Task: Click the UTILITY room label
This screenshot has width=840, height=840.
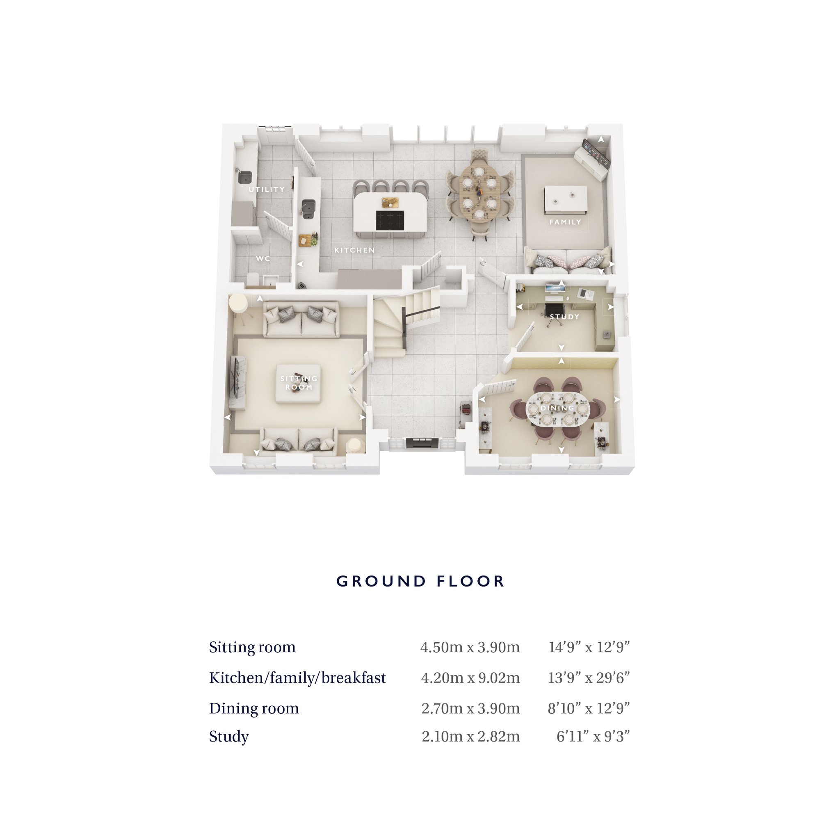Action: click(267, 189)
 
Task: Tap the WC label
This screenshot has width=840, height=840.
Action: click(263, 259)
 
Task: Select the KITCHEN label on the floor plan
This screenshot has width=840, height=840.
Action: click(354, 251)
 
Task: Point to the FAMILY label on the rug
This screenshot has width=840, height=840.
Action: click(565, 222)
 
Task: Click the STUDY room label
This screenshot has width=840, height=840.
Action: click(564, 317)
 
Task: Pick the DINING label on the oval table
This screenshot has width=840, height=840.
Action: click(557, 408)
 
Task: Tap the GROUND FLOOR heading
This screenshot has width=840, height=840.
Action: click(420, 581)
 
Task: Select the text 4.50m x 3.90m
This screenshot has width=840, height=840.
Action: click(470, 647)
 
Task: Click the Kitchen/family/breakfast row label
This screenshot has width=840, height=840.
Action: click(297, 678)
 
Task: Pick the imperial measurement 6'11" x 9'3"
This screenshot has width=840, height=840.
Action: click(593, 736)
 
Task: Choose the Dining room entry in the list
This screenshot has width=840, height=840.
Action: click(254, 708)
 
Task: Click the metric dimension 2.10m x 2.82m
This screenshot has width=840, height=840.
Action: click(471, 736)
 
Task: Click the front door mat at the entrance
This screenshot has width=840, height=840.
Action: click(422, 443)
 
